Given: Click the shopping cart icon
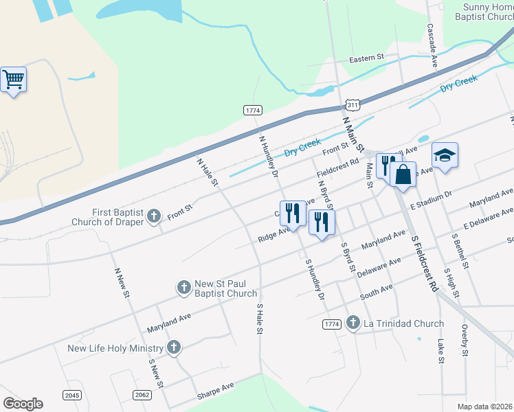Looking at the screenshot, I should tap(14, 80).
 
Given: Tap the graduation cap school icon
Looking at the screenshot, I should tap(445, 155).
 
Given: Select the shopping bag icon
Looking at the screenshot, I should tap(403, 174).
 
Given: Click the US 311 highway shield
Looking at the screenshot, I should tap(353, 105).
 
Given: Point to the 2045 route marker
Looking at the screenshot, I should tap(71, 395).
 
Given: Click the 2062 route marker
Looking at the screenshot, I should tap(142, 395).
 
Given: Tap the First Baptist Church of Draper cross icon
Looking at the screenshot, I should tap(153, 216).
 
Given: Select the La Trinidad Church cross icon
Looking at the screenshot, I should tap(353, 322).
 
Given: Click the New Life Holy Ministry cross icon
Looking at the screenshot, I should tap(174, 347).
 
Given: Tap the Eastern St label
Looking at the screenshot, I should tap(366, 59).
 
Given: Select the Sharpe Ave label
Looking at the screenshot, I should tap(215, 391).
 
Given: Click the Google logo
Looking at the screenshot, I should tap(23, 403).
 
